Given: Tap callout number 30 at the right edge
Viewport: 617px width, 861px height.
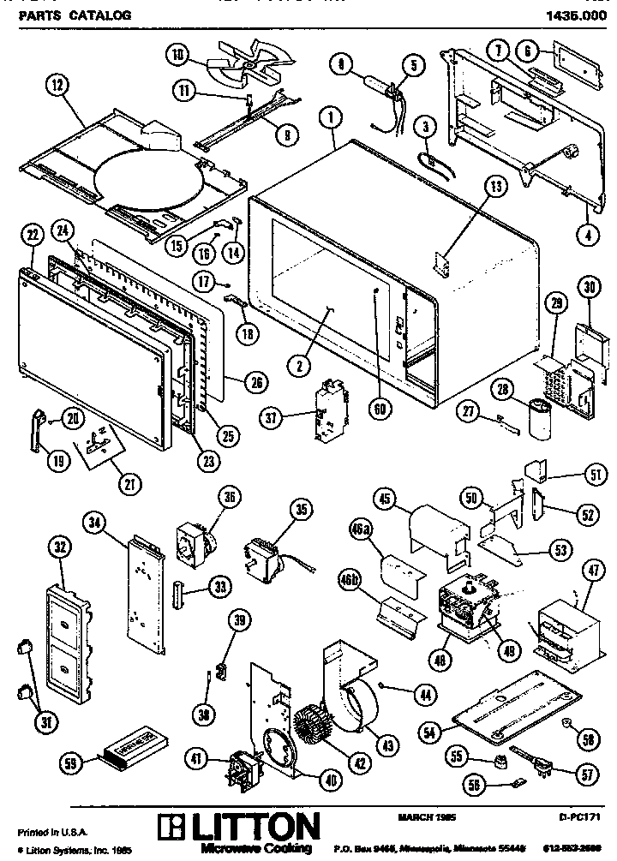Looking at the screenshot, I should pos(588,287).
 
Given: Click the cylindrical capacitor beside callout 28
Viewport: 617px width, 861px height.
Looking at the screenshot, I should pos(538,417).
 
